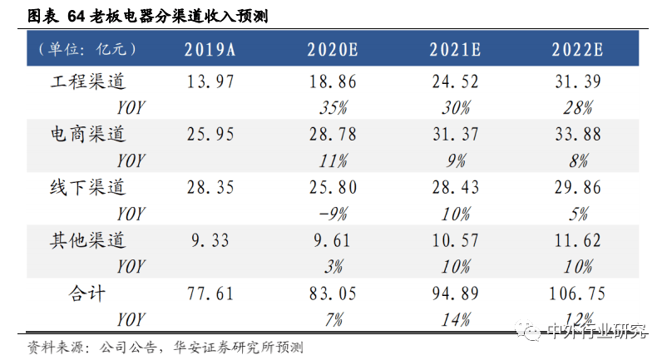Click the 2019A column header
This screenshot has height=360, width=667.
tap(210, 49)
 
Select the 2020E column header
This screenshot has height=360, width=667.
tap(333, 49)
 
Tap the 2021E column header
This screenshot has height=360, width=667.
tap(456, 49)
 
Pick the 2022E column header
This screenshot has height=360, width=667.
tap(577, 49)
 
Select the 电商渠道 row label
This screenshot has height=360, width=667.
tap(88, 133)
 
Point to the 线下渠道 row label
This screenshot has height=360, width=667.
tap(88, 187)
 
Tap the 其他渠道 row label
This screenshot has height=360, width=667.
tap(88, 240)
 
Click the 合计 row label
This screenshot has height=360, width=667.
tap(86, 293)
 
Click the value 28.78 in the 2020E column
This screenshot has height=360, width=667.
tap(333, 133)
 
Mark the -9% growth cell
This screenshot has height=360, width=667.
tap(333, 214)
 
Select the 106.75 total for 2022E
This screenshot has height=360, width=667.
tap(577, 293)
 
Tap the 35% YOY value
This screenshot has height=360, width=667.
tap(333, 106)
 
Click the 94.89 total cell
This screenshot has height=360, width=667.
tap(456, 293)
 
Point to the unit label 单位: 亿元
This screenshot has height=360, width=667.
tap(86, 49)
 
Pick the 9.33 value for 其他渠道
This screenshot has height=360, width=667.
tap(210, 240)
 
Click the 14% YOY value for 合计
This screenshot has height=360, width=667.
tap(456, 319)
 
